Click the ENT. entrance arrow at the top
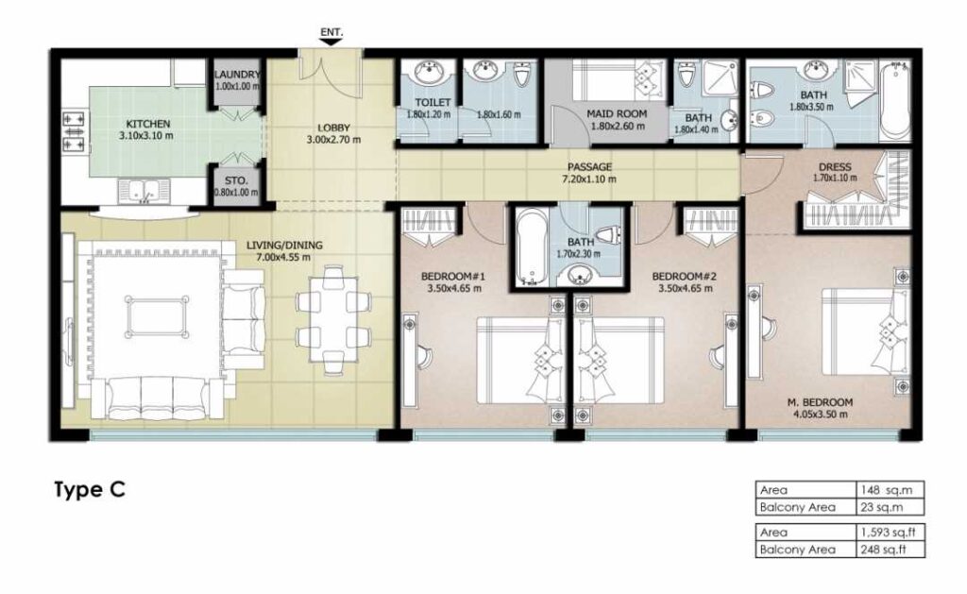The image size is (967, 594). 331,42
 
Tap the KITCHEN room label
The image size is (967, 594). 148,124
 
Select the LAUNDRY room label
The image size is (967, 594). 237,75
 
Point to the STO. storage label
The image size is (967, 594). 236,180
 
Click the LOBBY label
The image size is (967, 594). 333,128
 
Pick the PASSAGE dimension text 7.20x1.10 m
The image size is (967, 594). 589,179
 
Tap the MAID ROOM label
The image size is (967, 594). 617,113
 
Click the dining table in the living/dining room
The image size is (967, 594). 333,319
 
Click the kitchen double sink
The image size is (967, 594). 144,191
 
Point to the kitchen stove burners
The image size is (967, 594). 74,131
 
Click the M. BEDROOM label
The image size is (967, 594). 820,403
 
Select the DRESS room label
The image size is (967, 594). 835,166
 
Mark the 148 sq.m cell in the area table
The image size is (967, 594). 891,490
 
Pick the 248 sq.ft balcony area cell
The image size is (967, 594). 891,550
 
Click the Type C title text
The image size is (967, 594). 90,490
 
